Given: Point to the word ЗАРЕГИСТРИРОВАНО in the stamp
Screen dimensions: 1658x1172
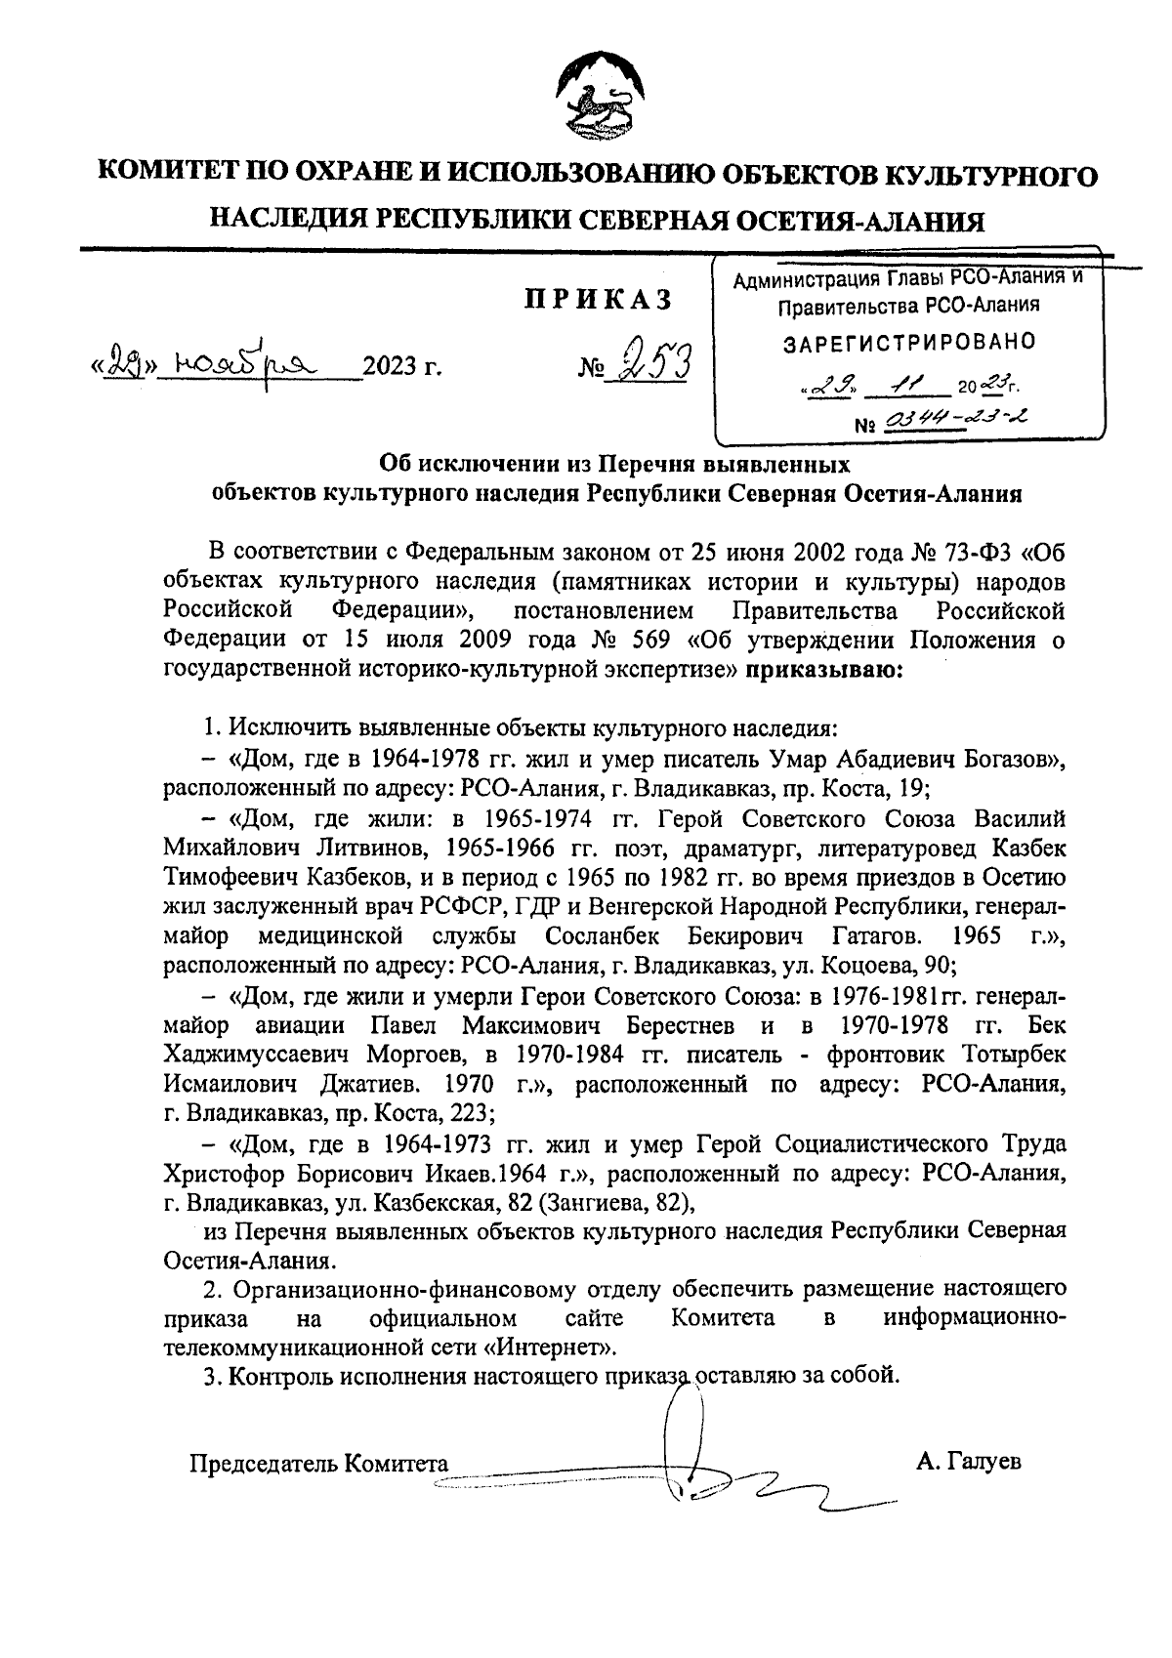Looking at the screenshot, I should pos(909,342).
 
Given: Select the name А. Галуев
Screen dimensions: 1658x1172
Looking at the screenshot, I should pos(969,1462).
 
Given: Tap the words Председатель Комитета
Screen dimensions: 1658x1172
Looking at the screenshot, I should pos(318,1464).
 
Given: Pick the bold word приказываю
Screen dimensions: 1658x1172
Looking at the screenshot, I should pos(825,670).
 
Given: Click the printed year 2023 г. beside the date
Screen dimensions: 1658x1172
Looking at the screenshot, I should pos(402,368).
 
